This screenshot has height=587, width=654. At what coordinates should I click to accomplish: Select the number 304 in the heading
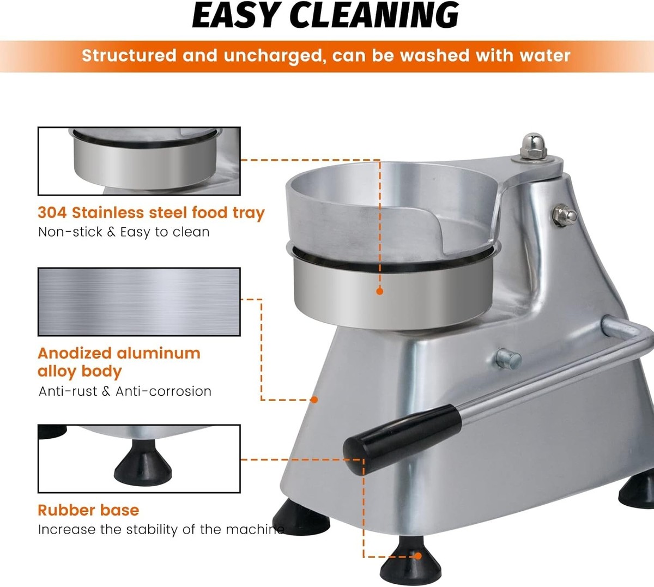[52, 213]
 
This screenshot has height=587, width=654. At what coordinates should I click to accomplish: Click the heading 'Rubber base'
[88, 510]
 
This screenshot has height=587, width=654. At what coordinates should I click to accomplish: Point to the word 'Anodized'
[75, 353]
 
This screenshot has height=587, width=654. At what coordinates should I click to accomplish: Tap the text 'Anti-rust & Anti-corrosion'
[125, 391]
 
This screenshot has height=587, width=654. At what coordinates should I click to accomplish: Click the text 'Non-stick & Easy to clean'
[124, 232]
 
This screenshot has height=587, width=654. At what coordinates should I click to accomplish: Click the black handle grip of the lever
[402, 440]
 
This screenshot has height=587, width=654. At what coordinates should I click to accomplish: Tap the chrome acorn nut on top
[532, 146]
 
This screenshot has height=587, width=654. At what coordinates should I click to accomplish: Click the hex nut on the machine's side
[564, 215]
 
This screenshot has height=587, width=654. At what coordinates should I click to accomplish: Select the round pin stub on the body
[508, 359]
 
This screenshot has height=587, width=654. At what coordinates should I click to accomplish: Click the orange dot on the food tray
[380, 291]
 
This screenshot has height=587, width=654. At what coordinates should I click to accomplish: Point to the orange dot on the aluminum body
[314, 400]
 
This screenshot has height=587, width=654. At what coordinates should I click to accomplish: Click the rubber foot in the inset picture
[143, 462]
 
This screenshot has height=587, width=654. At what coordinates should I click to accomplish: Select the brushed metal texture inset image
[139, 302]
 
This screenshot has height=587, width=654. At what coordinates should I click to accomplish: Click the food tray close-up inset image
[139, 161]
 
